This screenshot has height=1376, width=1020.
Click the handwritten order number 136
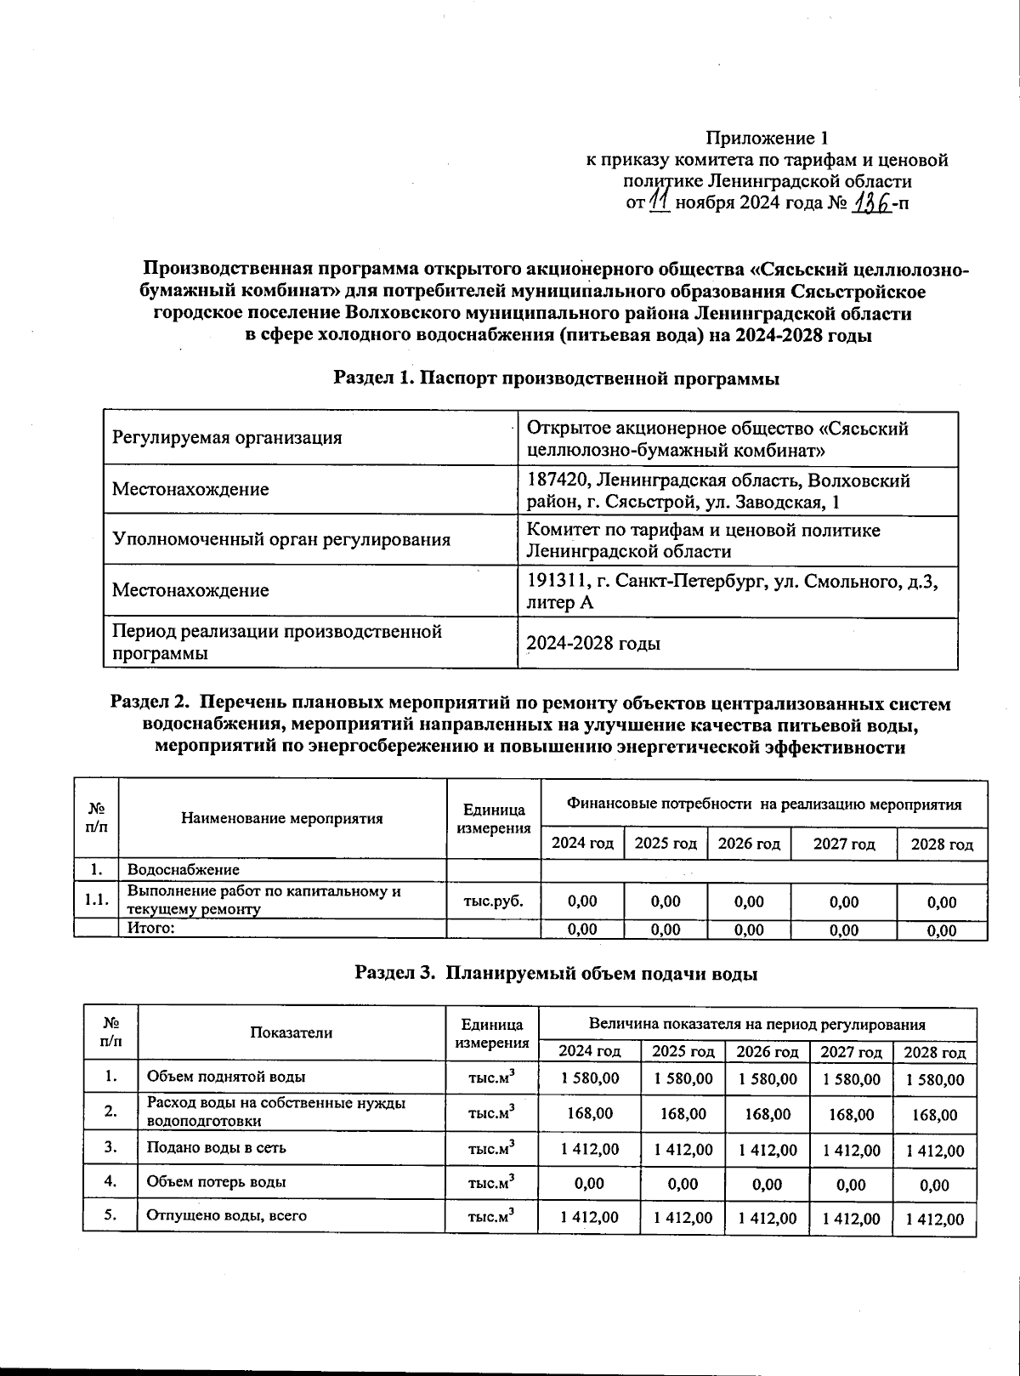[x=871, y=203]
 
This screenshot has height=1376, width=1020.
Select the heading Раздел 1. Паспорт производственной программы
[x=557, y=378]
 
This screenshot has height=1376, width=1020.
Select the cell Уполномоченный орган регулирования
[x=281, y=540]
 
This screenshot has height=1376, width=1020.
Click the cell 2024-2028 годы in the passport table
[x=594, y=644]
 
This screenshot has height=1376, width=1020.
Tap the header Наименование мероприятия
[x=282, y=819]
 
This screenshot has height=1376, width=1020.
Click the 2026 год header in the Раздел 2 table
[x=749, y=844]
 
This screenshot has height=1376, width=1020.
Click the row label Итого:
[x=151, y=929]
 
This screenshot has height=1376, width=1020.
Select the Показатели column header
[x=292, y=1032]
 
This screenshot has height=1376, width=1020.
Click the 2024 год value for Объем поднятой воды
[x=589, y=1078]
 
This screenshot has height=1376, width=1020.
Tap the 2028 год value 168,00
[x=935, y=1115]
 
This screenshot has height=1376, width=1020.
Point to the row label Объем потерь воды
[x=217, y=1182]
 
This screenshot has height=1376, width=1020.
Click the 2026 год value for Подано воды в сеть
[x=768, y=1150]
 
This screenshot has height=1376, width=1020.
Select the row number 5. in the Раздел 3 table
[x=110, y=1215]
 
